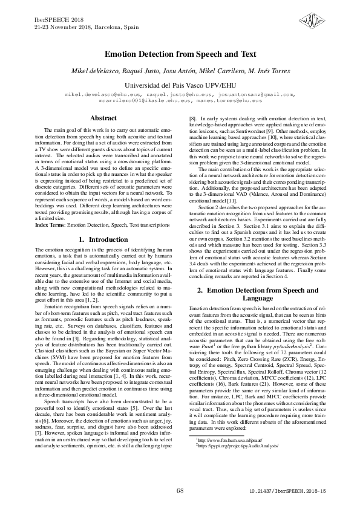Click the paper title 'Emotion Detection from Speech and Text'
coord(180,54)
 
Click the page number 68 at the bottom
coord(180,490)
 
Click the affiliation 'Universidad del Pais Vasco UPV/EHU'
coord(180,85)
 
